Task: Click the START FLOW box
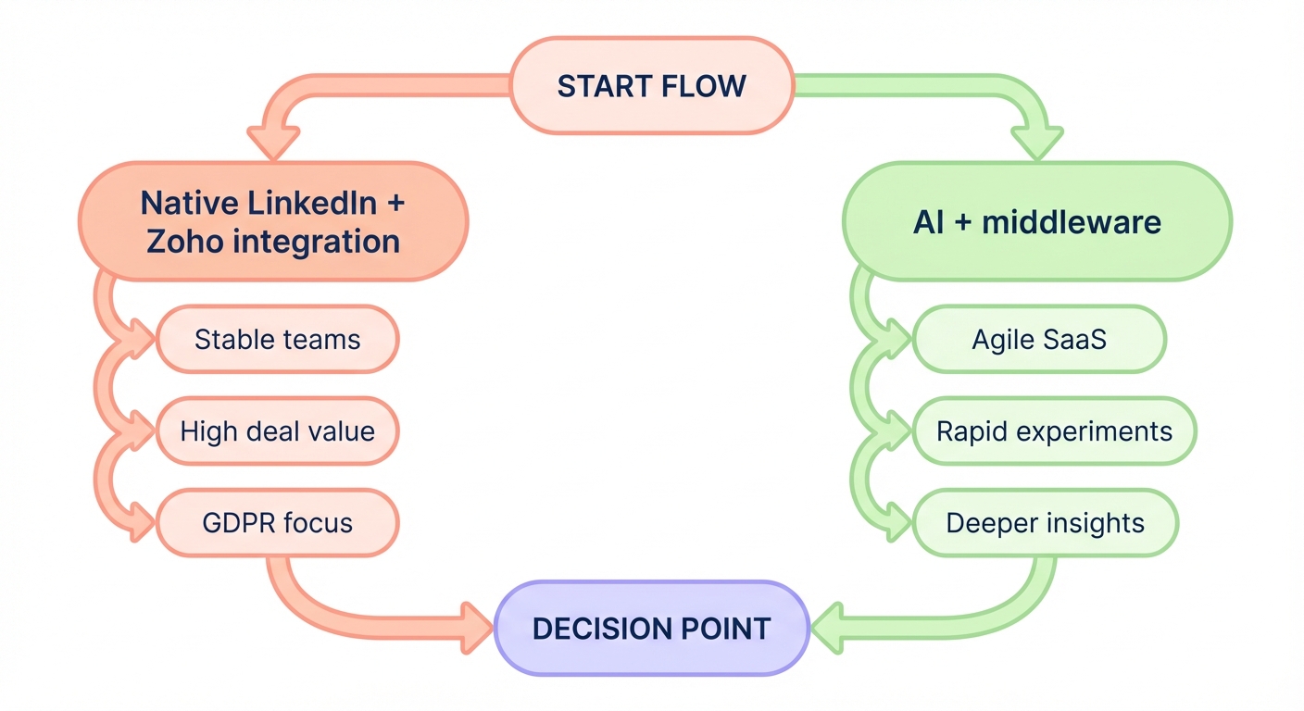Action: (x=652, y=86)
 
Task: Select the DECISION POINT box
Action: (x=652, y=629)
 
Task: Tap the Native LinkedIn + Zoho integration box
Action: (x=272, y=221)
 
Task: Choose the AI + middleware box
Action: (x=1036, y=222)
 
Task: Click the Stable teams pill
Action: (x=277, y=340)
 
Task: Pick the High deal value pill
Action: (x=277, y=430)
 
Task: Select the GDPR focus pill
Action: (x=277, y=522)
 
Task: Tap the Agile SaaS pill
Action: (x=1038, y=340)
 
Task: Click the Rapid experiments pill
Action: (x=1054, y=431)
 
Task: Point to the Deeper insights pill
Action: (x=1045, y=523)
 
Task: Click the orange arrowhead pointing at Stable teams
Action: (x=142, y=338)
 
